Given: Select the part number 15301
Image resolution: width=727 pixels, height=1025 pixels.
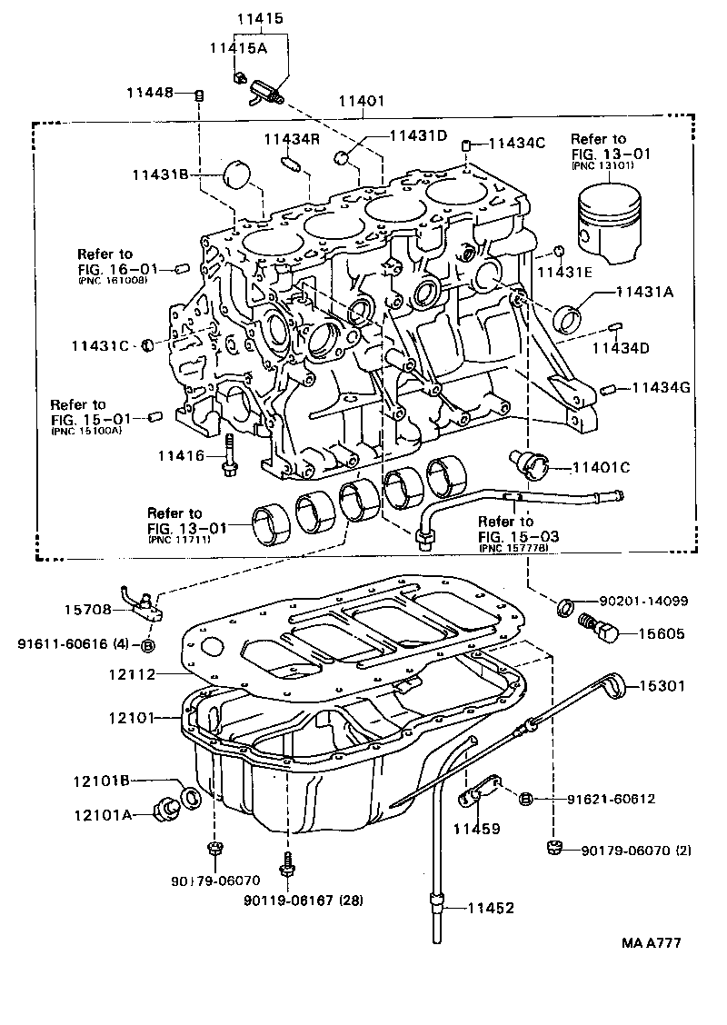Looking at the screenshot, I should [x=661, y=687].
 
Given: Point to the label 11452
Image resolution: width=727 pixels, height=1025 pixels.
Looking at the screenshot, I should [x=491, y=907].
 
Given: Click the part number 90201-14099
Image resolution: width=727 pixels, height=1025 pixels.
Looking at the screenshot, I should [x=643, y=602].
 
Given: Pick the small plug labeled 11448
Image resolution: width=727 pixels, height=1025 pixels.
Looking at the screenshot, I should [x=200, y=94].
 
